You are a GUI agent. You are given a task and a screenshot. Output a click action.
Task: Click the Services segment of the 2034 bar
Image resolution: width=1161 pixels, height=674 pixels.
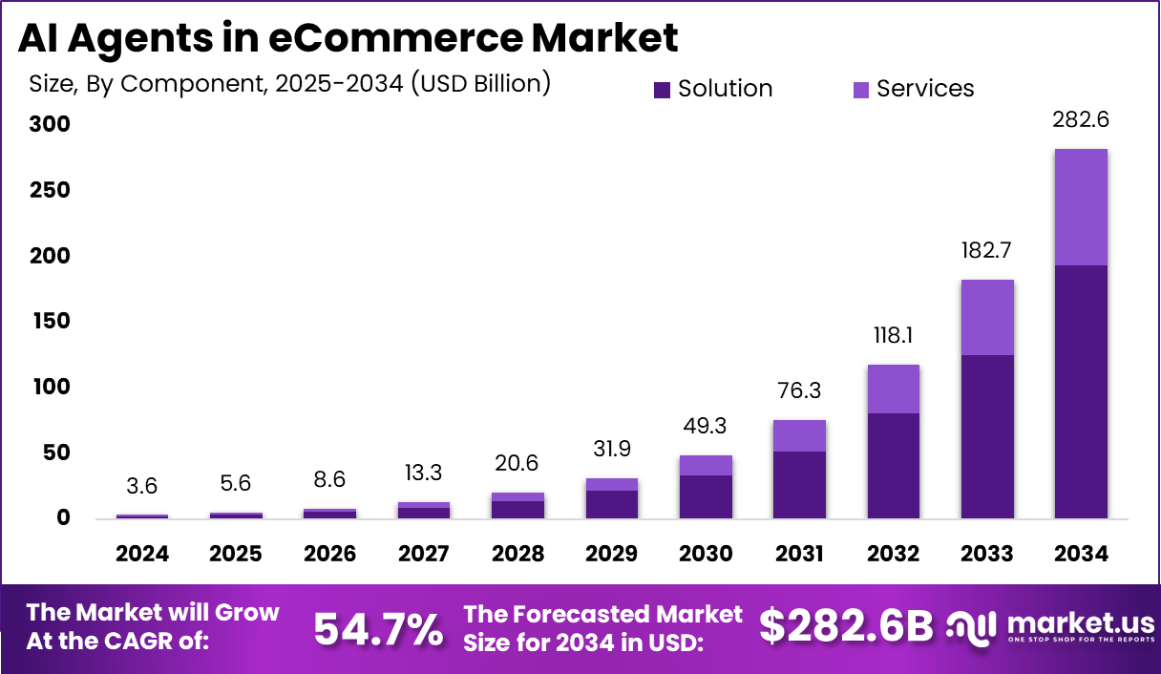pos(1081,207)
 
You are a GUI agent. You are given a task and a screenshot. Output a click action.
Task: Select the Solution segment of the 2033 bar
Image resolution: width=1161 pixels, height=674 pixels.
pos(987,436)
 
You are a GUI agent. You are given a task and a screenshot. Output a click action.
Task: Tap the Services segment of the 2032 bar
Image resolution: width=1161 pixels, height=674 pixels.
pos(894,389)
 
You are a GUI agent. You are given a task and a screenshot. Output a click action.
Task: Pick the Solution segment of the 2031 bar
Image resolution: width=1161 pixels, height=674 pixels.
pos(799,485)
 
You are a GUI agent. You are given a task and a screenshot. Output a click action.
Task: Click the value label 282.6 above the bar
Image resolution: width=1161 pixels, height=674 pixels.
pos(1081,120)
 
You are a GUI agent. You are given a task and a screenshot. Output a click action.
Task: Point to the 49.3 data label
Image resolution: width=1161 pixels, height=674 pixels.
pos(706,427)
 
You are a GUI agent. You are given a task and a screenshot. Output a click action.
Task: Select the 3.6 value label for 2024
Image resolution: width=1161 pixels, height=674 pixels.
pos(142,485)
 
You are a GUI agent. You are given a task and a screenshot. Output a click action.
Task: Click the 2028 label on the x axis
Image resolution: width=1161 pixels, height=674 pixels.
pos(517,555)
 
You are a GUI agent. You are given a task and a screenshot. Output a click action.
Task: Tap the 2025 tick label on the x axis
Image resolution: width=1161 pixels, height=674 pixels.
pos(236,555)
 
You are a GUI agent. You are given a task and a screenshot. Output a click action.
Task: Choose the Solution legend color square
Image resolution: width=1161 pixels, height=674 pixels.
pos(663,90)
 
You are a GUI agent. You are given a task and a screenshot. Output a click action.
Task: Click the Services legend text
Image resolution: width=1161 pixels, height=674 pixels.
pos(924,89)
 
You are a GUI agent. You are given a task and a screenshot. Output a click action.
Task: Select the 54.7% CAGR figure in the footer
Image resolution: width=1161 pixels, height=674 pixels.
pos(378,628)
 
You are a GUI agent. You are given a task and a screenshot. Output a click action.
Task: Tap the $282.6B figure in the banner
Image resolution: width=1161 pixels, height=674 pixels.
pos(845,626)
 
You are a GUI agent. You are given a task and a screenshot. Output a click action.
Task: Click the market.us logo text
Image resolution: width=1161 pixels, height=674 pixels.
pos(1079,623)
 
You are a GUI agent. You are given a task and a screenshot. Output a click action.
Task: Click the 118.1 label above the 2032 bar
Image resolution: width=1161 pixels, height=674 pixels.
pos(894,336)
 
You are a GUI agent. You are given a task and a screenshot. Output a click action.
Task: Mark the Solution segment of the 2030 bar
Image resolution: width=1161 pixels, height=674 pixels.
pos(706,496)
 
